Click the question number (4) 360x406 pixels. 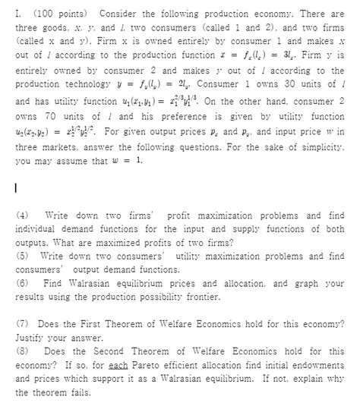[23, 216]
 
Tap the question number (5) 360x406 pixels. [23, 256]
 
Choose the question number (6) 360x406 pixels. [23, 282]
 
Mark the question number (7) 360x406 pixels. [23, 323]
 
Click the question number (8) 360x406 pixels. [23, 351]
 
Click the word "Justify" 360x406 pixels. [33, 337]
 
